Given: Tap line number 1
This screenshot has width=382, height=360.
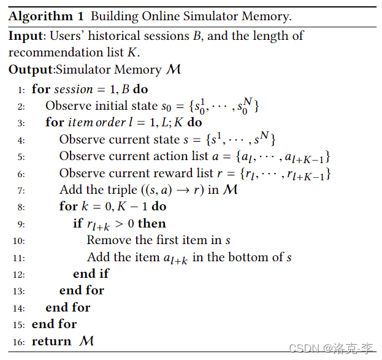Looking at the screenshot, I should [x=21, y=90].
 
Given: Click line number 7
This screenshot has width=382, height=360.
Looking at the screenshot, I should [x=21, y=190].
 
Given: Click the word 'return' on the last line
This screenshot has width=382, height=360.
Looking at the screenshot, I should [x=52, y=342].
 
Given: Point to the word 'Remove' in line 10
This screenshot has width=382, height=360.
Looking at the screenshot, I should [x=107, y=240].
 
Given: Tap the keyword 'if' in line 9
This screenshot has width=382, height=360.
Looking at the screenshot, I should [x=77, y=223].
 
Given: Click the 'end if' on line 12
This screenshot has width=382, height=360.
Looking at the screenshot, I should [x=91, y=274].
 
